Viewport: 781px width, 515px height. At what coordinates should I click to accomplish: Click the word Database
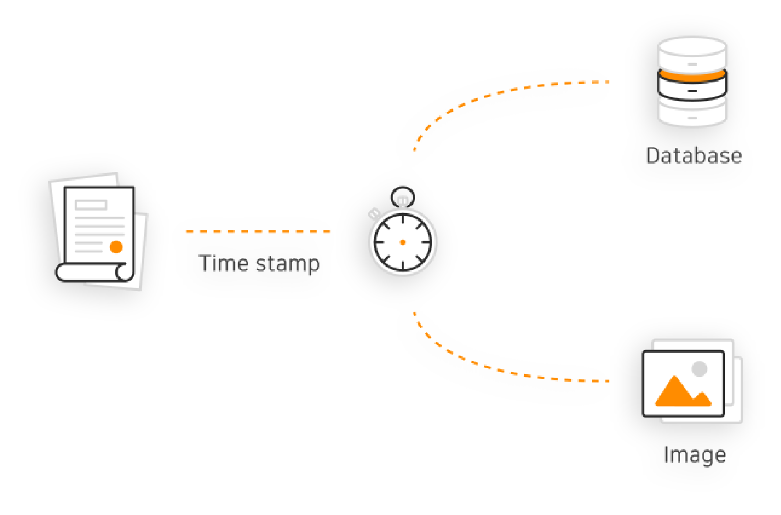pyautogui.click(x=693, y=156)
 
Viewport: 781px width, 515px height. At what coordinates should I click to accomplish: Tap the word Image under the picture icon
pyautogui.click(x=695, y=455)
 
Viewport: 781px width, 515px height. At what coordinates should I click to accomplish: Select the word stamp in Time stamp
pyautogui.click(x=287, y=264)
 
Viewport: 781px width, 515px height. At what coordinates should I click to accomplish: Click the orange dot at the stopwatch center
pyautogui.click(x=403, y=242)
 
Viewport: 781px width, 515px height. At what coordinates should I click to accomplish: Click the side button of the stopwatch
pyautogui.click(x=375, y=214)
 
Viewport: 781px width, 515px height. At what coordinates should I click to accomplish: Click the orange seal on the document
pyautogui.click(x=116, y=247)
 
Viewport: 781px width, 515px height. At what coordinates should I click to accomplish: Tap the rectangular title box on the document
pyautogui.click(x=91, y=205)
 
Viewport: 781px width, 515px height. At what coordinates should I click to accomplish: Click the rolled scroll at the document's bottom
pyautogui.click(x=88, y=272)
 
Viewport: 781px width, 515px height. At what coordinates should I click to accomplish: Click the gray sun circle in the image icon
pyautogui.click(x=699, y=368)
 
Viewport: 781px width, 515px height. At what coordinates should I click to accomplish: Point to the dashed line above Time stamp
pyautogui.click(x=258, y=232)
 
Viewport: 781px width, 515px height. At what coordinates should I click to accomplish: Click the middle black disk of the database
pyautogui.click(x=692, y=90)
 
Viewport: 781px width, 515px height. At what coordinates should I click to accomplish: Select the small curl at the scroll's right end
pyautogui.click(x=124, y=272)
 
